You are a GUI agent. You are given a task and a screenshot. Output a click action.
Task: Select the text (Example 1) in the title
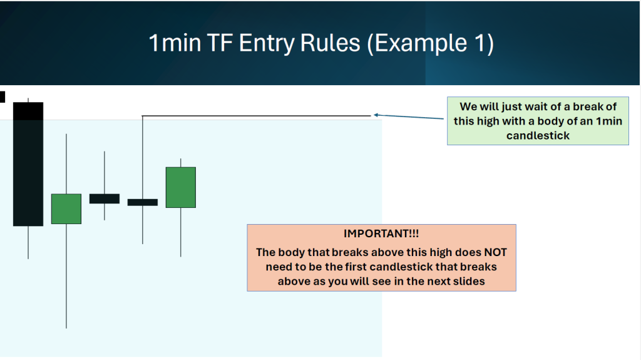[x=430, y=43]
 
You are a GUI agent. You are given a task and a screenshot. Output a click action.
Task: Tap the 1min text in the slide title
[x=175, y=43]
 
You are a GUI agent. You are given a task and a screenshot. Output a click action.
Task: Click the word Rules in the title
[x=331, y=43]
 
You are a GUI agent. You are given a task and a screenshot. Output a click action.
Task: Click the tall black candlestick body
[x=28, y=164]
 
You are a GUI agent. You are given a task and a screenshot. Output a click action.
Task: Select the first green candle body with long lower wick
[x=66, y=209]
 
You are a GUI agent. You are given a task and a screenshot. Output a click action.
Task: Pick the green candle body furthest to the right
[x=181, y=187]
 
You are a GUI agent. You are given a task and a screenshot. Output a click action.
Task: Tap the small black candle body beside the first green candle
[x=105, y=199]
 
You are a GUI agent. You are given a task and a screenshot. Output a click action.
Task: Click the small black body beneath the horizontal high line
[x=143, y=202]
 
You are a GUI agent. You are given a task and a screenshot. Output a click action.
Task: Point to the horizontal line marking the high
[x=256, y=116]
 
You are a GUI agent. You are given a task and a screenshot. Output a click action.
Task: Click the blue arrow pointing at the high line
[x=408, y=117]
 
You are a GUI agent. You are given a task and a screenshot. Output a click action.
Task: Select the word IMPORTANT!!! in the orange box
[x=381, y=234]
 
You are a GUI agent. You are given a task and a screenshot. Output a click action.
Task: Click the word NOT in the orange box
[x=496, y=252]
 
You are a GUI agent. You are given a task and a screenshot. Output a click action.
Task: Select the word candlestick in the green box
[x=538, y=136]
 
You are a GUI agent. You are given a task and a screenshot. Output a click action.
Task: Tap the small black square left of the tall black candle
[x=3, y=97]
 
